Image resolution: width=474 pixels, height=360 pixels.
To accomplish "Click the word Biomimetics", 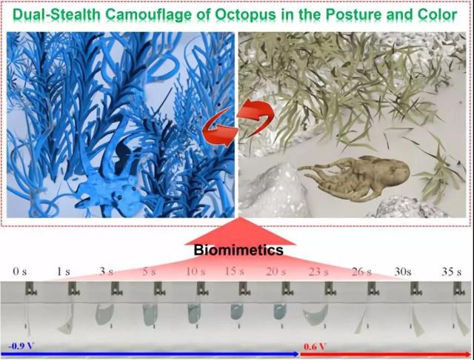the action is pos(238,250).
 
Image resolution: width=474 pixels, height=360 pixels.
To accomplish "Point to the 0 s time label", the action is pos(20,272).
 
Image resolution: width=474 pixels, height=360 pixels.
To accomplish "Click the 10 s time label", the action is pos(196,272).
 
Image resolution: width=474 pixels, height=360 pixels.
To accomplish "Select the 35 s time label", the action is pos(451,272).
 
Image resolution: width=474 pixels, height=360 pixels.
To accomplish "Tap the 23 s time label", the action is pos(318,272).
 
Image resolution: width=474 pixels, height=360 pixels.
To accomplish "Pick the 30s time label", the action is pos(403,272).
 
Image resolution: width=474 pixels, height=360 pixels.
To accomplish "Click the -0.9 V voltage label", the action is pos(21,346).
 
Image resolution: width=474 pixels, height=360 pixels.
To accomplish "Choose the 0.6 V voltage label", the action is pos(315,347).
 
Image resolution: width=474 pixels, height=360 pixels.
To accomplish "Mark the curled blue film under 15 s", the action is pos(237,312).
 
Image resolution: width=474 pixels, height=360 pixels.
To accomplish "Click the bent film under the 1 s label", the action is pos(67,321).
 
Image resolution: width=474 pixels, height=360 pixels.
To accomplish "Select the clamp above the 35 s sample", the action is pos(458,289).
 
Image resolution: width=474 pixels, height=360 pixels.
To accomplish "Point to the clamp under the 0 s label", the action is pos(31,289).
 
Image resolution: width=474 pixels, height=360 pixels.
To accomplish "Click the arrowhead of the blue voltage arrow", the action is pos(296,354).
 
